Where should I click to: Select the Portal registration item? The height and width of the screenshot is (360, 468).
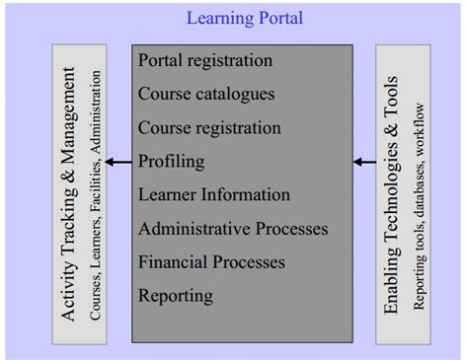coord(205,61)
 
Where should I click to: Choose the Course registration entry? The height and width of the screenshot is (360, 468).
coord(209,128)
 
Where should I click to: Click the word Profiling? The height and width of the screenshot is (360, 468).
coord(172,162)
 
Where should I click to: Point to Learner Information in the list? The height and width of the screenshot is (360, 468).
coord(214,195)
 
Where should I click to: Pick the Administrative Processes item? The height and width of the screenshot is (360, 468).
coord(233,229)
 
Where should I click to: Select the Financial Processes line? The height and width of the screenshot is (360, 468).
coord(212,262)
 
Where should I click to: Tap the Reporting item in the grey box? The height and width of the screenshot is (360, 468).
coord(175,296)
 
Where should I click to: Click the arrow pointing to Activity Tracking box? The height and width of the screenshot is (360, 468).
coord(118,162)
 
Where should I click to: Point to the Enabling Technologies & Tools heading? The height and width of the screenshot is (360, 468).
coord(392,194)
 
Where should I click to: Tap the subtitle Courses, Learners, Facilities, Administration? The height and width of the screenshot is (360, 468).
coord(96,193)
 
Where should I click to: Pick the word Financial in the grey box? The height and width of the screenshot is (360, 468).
coord(174,262)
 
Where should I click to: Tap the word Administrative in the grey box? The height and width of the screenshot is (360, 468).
coord(192,229)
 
